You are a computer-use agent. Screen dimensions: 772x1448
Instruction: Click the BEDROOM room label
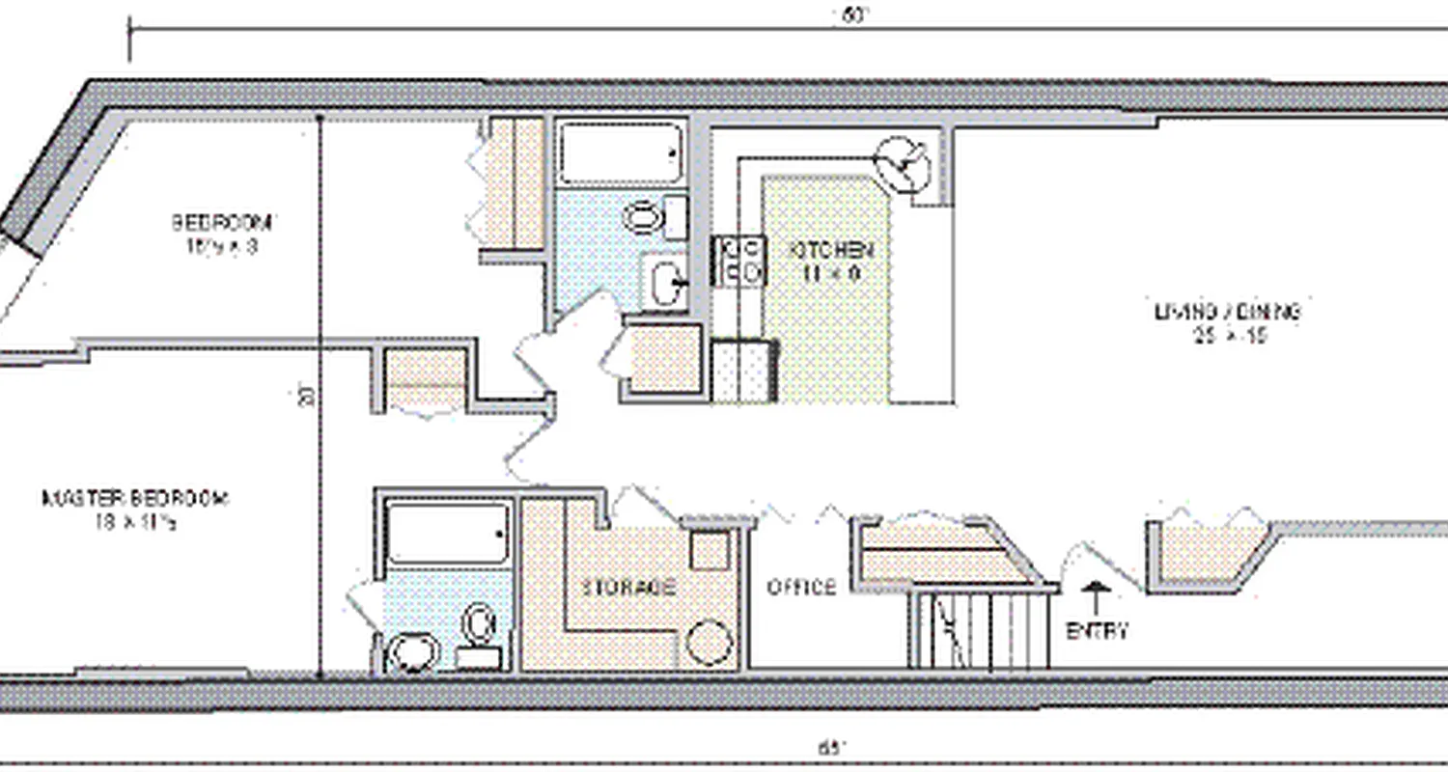tap(222, 222)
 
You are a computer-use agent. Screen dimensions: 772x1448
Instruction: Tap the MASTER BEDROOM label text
tap(135, 499)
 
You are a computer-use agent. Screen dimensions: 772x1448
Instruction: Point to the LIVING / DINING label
tap(1228, 312)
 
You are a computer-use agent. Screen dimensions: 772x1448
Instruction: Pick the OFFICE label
tap(801, 587)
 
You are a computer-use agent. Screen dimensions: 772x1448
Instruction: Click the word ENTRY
tap(1097, 632)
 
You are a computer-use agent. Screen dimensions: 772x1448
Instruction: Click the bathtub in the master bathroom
tap(447, 534)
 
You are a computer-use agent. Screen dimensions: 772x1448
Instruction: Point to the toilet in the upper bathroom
tap(643, 217)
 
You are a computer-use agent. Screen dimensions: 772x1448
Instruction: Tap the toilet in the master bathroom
tap(477, 624)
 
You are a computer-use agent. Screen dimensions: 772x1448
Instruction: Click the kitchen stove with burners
tap(738, 261)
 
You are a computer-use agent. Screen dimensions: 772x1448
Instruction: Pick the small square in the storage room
tap(710, 551)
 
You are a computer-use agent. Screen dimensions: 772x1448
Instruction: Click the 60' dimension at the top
tap(849, 14)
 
